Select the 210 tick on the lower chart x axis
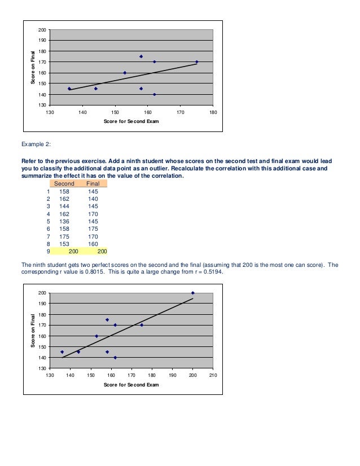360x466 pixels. tap(213, 375)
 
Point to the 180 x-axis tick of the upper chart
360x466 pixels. tap(213, 113)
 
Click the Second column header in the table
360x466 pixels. tap(64, 183)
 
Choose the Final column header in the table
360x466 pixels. tap(93, 183)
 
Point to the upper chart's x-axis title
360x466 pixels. tap(131, 121)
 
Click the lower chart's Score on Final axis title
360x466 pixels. tap(32, 331)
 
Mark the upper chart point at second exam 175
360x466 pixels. tap(196, 62)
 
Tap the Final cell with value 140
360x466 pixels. tap(93, 199)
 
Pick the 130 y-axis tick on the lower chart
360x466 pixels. tap(43, 368)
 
